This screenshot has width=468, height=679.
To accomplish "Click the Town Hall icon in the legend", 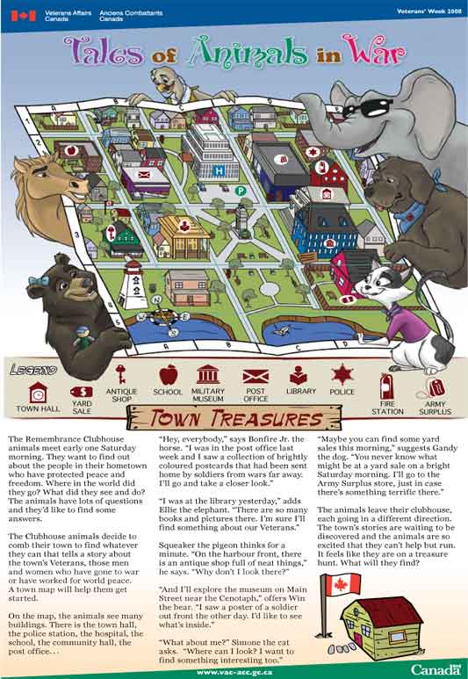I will (37, 390).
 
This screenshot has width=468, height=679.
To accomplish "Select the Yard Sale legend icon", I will (81, 392).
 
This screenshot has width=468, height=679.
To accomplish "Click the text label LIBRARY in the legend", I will (301, 391).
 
